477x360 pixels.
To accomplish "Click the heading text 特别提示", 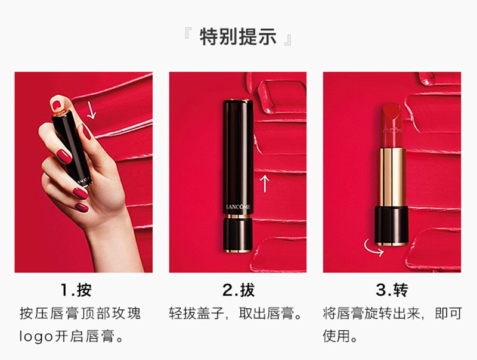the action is [238, 37].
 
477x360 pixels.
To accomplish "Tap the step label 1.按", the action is [76, 290].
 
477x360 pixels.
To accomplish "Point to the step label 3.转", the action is [392, 290].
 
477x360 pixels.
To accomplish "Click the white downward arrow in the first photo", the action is [91, 110].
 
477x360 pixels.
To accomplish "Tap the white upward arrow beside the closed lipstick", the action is [265, 184].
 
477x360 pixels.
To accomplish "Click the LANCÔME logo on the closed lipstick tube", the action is [238, 207].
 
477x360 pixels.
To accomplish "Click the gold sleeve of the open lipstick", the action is [392, 176].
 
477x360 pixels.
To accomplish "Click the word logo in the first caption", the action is [36, 337].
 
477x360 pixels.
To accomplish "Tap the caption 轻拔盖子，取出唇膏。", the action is [236, 313].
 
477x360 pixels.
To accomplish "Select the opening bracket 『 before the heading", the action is [187, 33].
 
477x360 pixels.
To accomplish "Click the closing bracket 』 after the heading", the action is [288, 41].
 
